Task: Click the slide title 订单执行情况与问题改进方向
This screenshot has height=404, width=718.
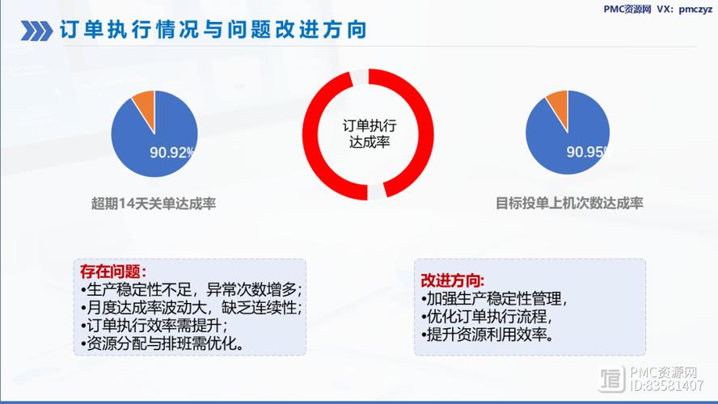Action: click(213, 31)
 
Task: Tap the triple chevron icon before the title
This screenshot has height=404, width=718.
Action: click(36, 32)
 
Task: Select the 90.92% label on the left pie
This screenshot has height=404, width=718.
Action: click(171, 152)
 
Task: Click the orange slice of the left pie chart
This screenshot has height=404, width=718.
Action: click(145, 103)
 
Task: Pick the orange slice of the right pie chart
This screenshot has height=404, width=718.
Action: click(559, 103)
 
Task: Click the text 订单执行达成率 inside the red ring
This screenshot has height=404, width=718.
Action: click(370, 133)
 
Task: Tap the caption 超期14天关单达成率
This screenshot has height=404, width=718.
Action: click(154, 204)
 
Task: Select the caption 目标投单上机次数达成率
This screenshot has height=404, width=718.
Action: click(569, 204)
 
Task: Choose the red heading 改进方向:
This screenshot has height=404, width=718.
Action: click(453, 280)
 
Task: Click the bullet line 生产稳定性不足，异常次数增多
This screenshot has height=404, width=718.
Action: click(191, 289)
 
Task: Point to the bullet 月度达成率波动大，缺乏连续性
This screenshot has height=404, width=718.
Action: click(191, 308)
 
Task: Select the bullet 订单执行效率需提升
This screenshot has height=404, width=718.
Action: click(154, 326)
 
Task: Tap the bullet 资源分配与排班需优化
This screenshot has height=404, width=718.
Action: click(163, 343)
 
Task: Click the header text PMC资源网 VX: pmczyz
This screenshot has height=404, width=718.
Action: click(656, 9)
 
